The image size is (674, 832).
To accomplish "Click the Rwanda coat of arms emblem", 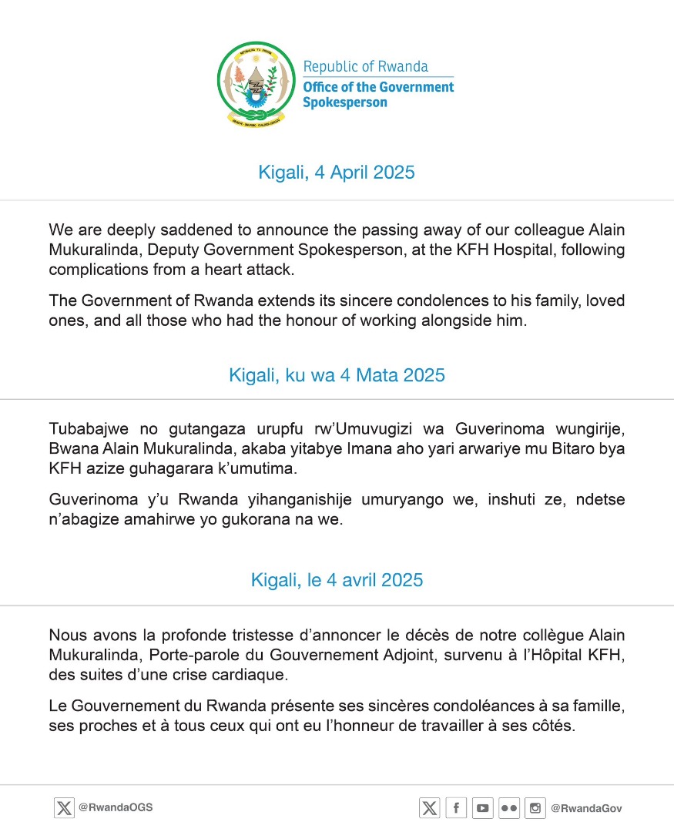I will point(257,84).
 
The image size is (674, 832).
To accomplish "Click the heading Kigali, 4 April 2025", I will point(337,173).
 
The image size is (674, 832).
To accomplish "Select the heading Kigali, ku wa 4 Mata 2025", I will point(337,375).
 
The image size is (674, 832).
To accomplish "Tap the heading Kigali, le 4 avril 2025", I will point(337,580).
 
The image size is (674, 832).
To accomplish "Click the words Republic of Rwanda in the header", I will point(365,67).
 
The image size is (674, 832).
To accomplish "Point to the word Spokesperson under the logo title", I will point(345,102).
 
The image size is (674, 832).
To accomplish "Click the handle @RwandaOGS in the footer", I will point(116,808).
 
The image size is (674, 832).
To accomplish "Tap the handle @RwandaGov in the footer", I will point(586,808).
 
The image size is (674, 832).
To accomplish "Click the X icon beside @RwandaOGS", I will point(64,808).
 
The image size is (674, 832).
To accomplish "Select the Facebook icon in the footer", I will point(456,808).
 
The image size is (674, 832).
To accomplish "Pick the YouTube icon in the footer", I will point(483,808).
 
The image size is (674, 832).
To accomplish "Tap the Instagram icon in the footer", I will point(535,808).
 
